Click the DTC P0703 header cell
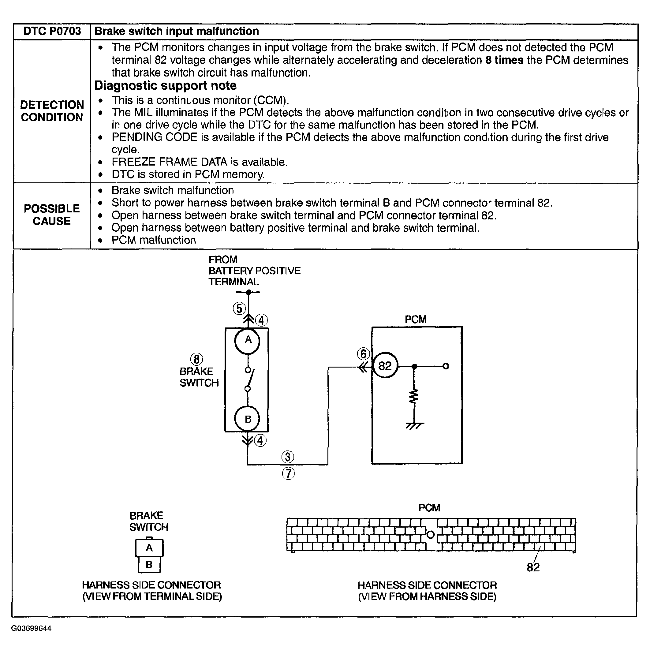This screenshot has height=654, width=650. (x=52, y=32)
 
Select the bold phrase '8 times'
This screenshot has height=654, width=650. (x=504, y=60)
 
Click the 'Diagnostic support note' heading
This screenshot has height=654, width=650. (x=165, y=86)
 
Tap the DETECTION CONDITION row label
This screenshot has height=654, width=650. (x=52, y=111)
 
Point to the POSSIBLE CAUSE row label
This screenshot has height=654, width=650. (x=52, y=215)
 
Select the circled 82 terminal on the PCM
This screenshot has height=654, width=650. (x=385, y=366)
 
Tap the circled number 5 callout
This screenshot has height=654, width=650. (x=239, y=309)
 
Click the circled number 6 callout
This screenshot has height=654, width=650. (x=363, y=354)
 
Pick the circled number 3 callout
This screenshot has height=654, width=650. (x=288, y=457)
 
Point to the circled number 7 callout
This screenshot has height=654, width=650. (x=288, y=473)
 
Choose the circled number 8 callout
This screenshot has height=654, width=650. (x=196, y=360)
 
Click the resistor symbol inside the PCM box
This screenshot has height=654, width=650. (x=414, y=396)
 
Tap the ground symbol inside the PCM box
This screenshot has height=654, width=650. (x=414, y=425)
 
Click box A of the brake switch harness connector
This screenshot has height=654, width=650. (x=149, y=548)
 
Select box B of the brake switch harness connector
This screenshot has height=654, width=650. (x=149, y=565)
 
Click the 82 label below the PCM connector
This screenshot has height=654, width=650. (x=533, y=567)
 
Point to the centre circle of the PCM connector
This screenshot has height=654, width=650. (x=430, y=535)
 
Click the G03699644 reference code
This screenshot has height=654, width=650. (x=31, y=629)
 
